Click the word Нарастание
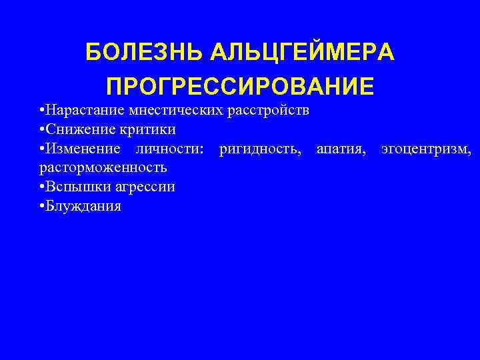(79, 109)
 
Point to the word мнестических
(162, 109)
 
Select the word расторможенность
(103, 167)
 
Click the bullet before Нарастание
(42, 109)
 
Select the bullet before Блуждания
(42, 206)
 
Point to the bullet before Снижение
(42, 129)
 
